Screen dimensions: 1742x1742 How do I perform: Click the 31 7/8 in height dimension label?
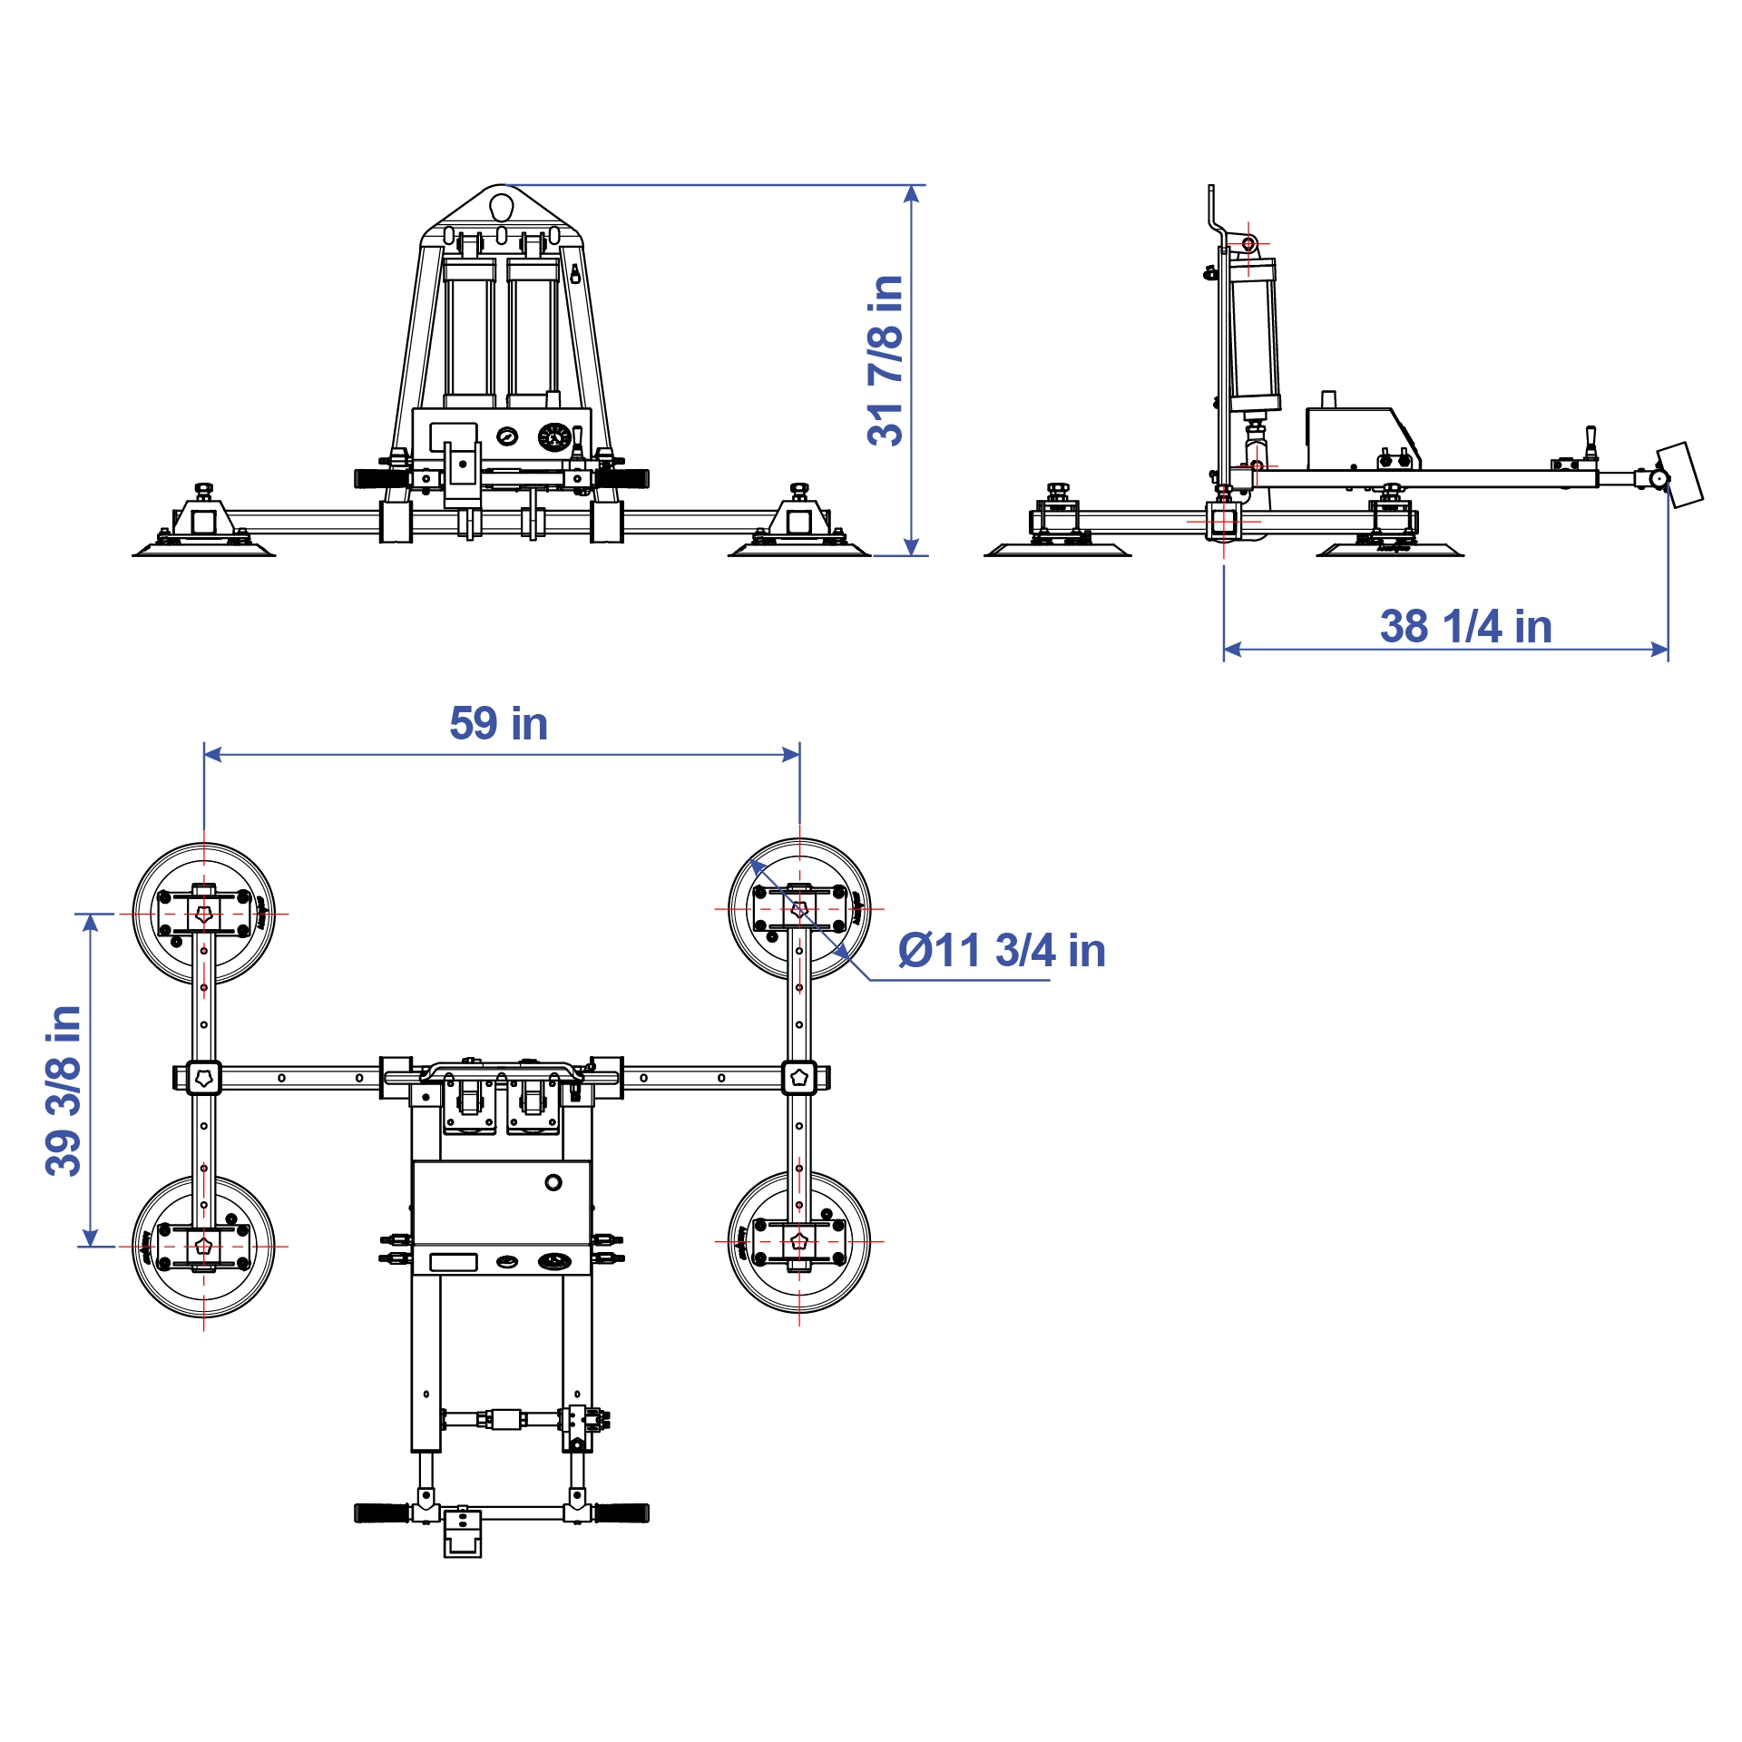(x=886, y=360)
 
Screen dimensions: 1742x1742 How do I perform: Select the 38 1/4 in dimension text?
(x=1465, y=626)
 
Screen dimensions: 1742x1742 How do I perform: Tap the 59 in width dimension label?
(x=498, y=723)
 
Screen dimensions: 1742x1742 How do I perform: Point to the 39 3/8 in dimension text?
(x=64, y=1091)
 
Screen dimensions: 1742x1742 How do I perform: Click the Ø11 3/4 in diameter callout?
(x=1002, y=951)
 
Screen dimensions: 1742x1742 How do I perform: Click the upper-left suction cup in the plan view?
(x=204, y=914)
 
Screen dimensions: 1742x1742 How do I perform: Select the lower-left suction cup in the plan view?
(x=204, y=1247)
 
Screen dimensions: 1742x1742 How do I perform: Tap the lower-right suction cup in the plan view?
(x=799, y=1242)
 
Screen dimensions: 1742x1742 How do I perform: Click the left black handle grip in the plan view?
(x=382, y=1512)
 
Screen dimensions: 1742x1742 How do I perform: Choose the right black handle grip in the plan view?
(x=621, y=1512)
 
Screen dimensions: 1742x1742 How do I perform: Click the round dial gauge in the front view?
(x=554, y=437)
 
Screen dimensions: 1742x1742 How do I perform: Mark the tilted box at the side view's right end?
(x=1680, y=475)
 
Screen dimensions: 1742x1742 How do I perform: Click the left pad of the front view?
(x=204, y=548)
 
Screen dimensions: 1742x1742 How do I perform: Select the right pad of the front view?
(x=799, y=548)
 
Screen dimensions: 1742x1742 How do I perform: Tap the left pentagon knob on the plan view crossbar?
(x=204, y=1078)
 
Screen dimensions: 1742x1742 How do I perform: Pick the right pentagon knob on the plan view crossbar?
(x=799, y=1078)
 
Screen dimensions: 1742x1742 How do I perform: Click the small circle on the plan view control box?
(x=553, y=1182)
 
